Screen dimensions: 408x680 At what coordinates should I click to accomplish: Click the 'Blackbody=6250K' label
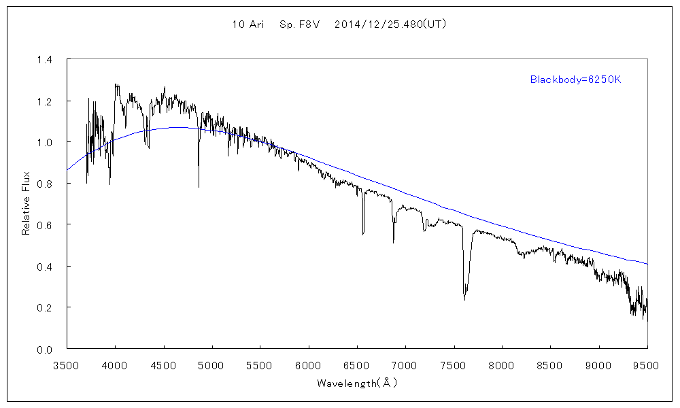tap(576, 80)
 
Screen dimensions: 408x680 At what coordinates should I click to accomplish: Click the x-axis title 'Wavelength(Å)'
tap(357, 384)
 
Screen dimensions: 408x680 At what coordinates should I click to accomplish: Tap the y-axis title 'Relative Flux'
tap(27, 205)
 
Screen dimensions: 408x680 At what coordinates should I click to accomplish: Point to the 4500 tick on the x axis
tap(163, 366)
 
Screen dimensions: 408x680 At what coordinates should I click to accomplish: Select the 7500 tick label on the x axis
tap(454, 366)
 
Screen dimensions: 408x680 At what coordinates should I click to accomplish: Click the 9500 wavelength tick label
tap(647, 366)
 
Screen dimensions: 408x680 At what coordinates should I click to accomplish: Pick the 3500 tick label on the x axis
tap(67, 366)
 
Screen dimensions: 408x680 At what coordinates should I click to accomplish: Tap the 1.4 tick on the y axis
tap(44, 60)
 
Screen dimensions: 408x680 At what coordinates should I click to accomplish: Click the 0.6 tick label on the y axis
tap(44, 225)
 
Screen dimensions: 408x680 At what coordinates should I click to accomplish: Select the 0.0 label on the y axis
tap(44, 349)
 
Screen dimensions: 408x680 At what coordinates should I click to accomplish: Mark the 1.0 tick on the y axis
tap(44, 143)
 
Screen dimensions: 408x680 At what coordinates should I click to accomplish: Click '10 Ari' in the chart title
tap(248, 24)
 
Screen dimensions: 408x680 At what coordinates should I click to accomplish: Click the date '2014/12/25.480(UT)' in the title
tap(390, 24)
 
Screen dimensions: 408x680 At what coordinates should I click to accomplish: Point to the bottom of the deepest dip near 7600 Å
tap(464, 299)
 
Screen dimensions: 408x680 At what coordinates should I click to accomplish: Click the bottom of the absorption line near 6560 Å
tap(363, 234)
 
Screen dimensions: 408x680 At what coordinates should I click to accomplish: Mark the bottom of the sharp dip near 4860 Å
tap(199, 186)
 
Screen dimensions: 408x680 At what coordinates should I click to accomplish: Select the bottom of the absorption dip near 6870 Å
tap(393, 242)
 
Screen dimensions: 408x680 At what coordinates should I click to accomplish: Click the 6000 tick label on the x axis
tap(309, 366)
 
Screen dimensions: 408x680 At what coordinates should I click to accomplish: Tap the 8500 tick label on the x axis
tap(550, 366)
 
